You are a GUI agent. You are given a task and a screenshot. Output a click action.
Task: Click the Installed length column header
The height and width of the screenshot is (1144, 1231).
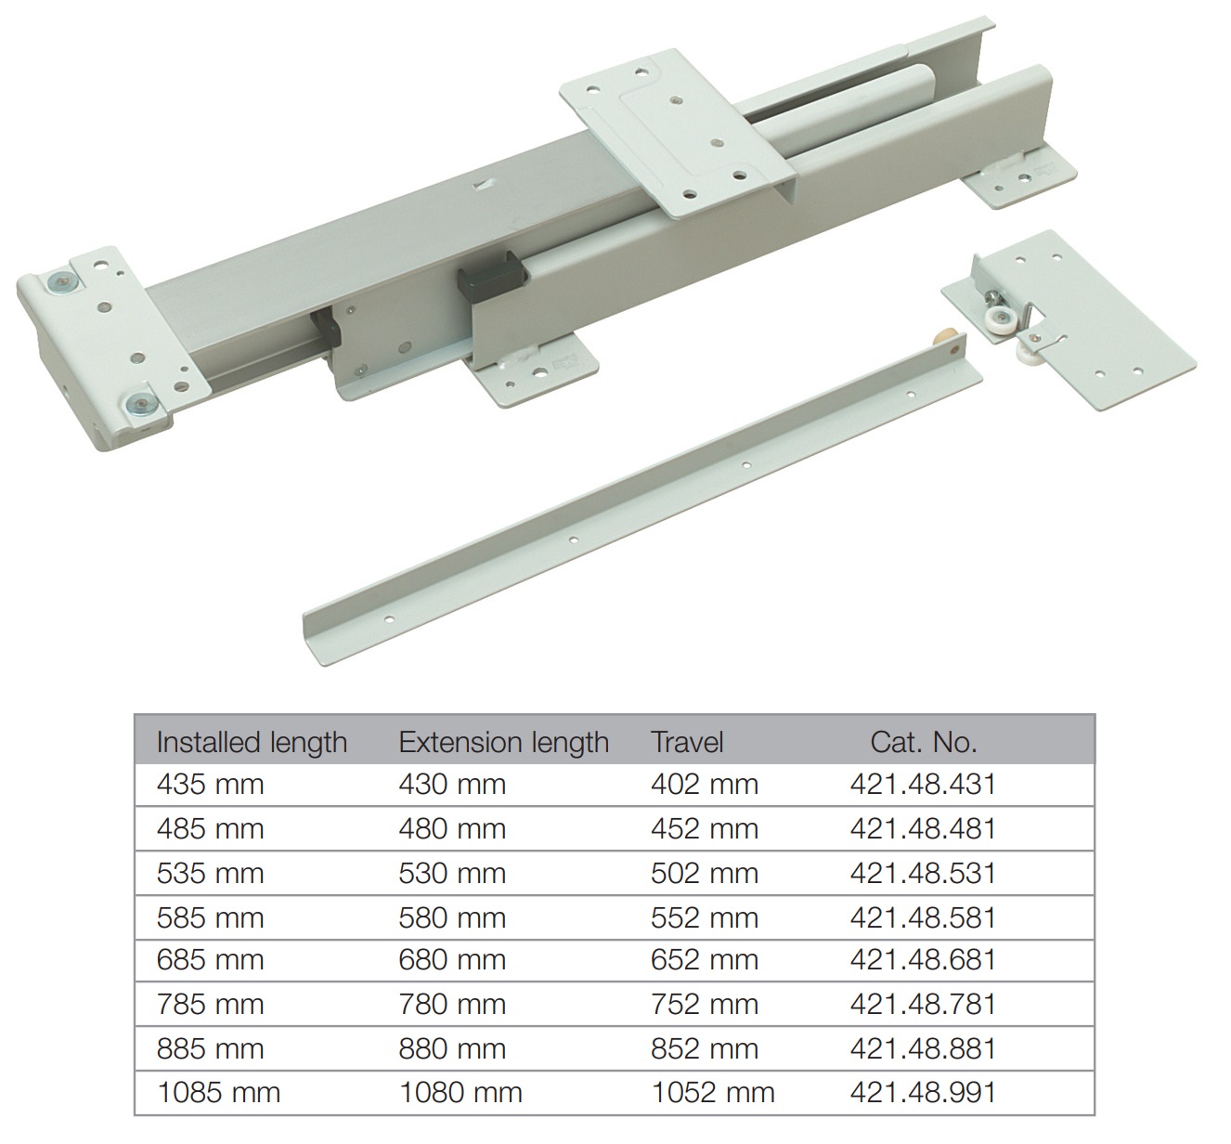click(252, 742)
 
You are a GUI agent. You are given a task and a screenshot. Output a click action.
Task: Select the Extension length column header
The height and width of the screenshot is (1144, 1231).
click(503, 742)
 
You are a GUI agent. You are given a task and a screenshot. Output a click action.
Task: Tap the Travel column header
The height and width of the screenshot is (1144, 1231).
click(687, 742)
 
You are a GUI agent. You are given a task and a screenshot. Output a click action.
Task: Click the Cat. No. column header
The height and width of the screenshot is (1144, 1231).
click(923, 742)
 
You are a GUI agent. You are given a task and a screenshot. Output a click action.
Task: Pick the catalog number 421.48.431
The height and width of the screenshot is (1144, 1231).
click(923, 785)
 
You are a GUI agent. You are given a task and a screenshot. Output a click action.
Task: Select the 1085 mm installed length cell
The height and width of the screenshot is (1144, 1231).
click(219, 1093)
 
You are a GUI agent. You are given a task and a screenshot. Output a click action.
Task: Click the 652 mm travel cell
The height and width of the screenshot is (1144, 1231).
click(705, 960)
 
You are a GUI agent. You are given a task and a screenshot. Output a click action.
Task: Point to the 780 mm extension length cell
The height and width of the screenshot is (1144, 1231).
click(452, 1005)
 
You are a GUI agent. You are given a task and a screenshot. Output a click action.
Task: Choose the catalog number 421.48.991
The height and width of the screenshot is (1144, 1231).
click(923, 1093)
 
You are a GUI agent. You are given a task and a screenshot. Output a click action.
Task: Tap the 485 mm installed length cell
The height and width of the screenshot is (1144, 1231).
click(211, 829)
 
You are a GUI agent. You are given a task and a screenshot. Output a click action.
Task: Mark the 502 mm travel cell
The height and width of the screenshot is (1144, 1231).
click(705, 874)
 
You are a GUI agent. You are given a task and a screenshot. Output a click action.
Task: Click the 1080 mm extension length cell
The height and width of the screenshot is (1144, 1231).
click(460, 1093)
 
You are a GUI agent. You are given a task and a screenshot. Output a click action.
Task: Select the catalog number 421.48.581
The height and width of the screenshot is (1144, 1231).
click(923, 918)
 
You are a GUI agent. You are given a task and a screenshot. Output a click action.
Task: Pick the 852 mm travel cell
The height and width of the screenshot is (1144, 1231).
click(705, 1049)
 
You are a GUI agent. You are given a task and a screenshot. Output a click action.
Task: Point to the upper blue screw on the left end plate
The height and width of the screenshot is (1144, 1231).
click(60, 282)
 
